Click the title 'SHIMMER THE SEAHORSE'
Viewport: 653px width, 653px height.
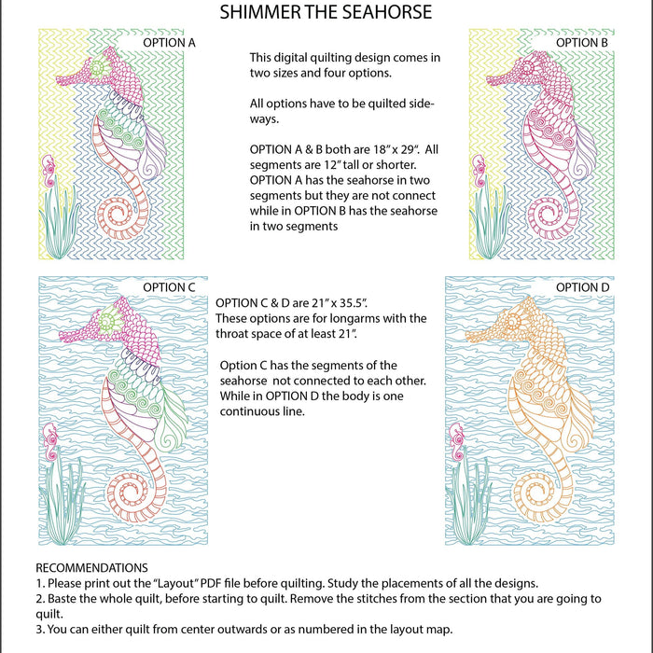(x=326, y=12)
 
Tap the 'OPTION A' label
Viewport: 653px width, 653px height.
(x=169, y=43)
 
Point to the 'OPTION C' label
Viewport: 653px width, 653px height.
(x=169, y=287)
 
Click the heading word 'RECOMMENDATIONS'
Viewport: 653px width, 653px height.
(x=91, y=567)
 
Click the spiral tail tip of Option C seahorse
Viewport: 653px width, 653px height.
(x=127, y=491)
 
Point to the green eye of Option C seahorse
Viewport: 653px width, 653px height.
(x=107, y=323)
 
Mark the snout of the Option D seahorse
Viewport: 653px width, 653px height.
(x=493, y=326)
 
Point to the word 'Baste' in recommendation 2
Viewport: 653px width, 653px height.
(x=62, y=598)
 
